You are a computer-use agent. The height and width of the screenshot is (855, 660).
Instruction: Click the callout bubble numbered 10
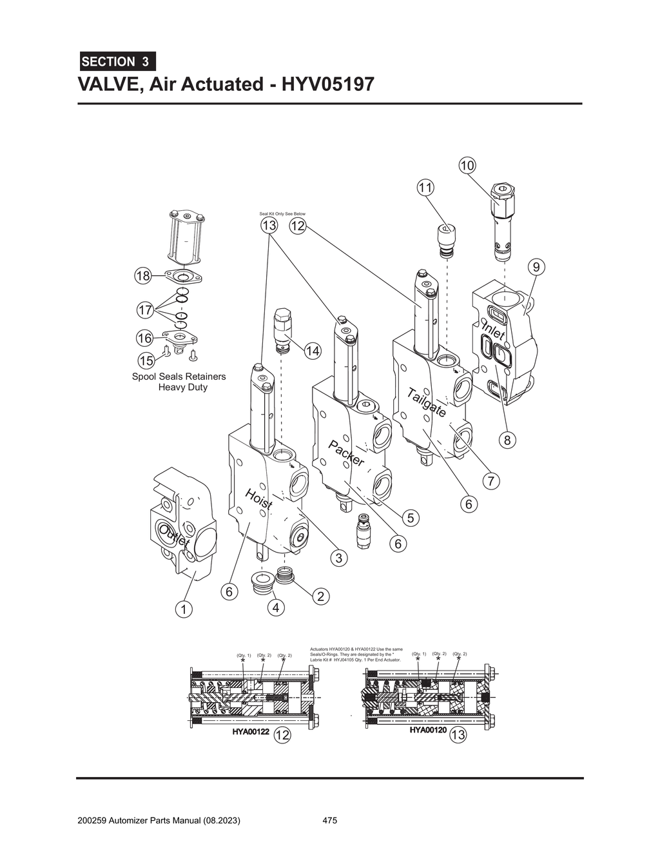click(467, 166)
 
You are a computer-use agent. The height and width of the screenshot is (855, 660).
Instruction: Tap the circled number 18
click(143, 276)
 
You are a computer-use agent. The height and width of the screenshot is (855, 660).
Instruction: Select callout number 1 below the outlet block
click(184, 609)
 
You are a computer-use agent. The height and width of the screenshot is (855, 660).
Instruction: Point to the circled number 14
click(312, 351)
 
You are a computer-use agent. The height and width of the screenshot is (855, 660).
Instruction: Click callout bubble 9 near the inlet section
click(536, 266)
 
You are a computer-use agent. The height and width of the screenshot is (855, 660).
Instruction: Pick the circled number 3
click(339, 558)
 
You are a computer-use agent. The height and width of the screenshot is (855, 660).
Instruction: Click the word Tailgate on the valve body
click(426, 403)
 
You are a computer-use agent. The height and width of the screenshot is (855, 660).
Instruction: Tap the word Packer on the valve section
click(347, 453)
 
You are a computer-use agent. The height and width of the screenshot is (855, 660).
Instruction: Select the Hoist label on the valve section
click(258, 499)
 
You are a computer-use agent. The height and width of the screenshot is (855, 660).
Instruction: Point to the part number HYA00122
click(251, 732)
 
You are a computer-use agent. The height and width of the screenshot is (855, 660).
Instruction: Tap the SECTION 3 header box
click(117, 61)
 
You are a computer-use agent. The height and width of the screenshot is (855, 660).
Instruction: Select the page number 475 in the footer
click(329, 821)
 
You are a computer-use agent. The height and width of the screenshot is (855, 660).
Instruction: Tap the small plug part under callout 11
click(444, 239)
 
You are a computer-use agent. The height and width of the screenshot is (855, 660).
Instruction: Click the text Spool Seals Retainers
click(179, 377)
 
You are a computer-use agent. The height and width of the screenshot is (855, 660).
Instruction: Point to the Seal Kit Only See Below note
click(282, 214)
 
